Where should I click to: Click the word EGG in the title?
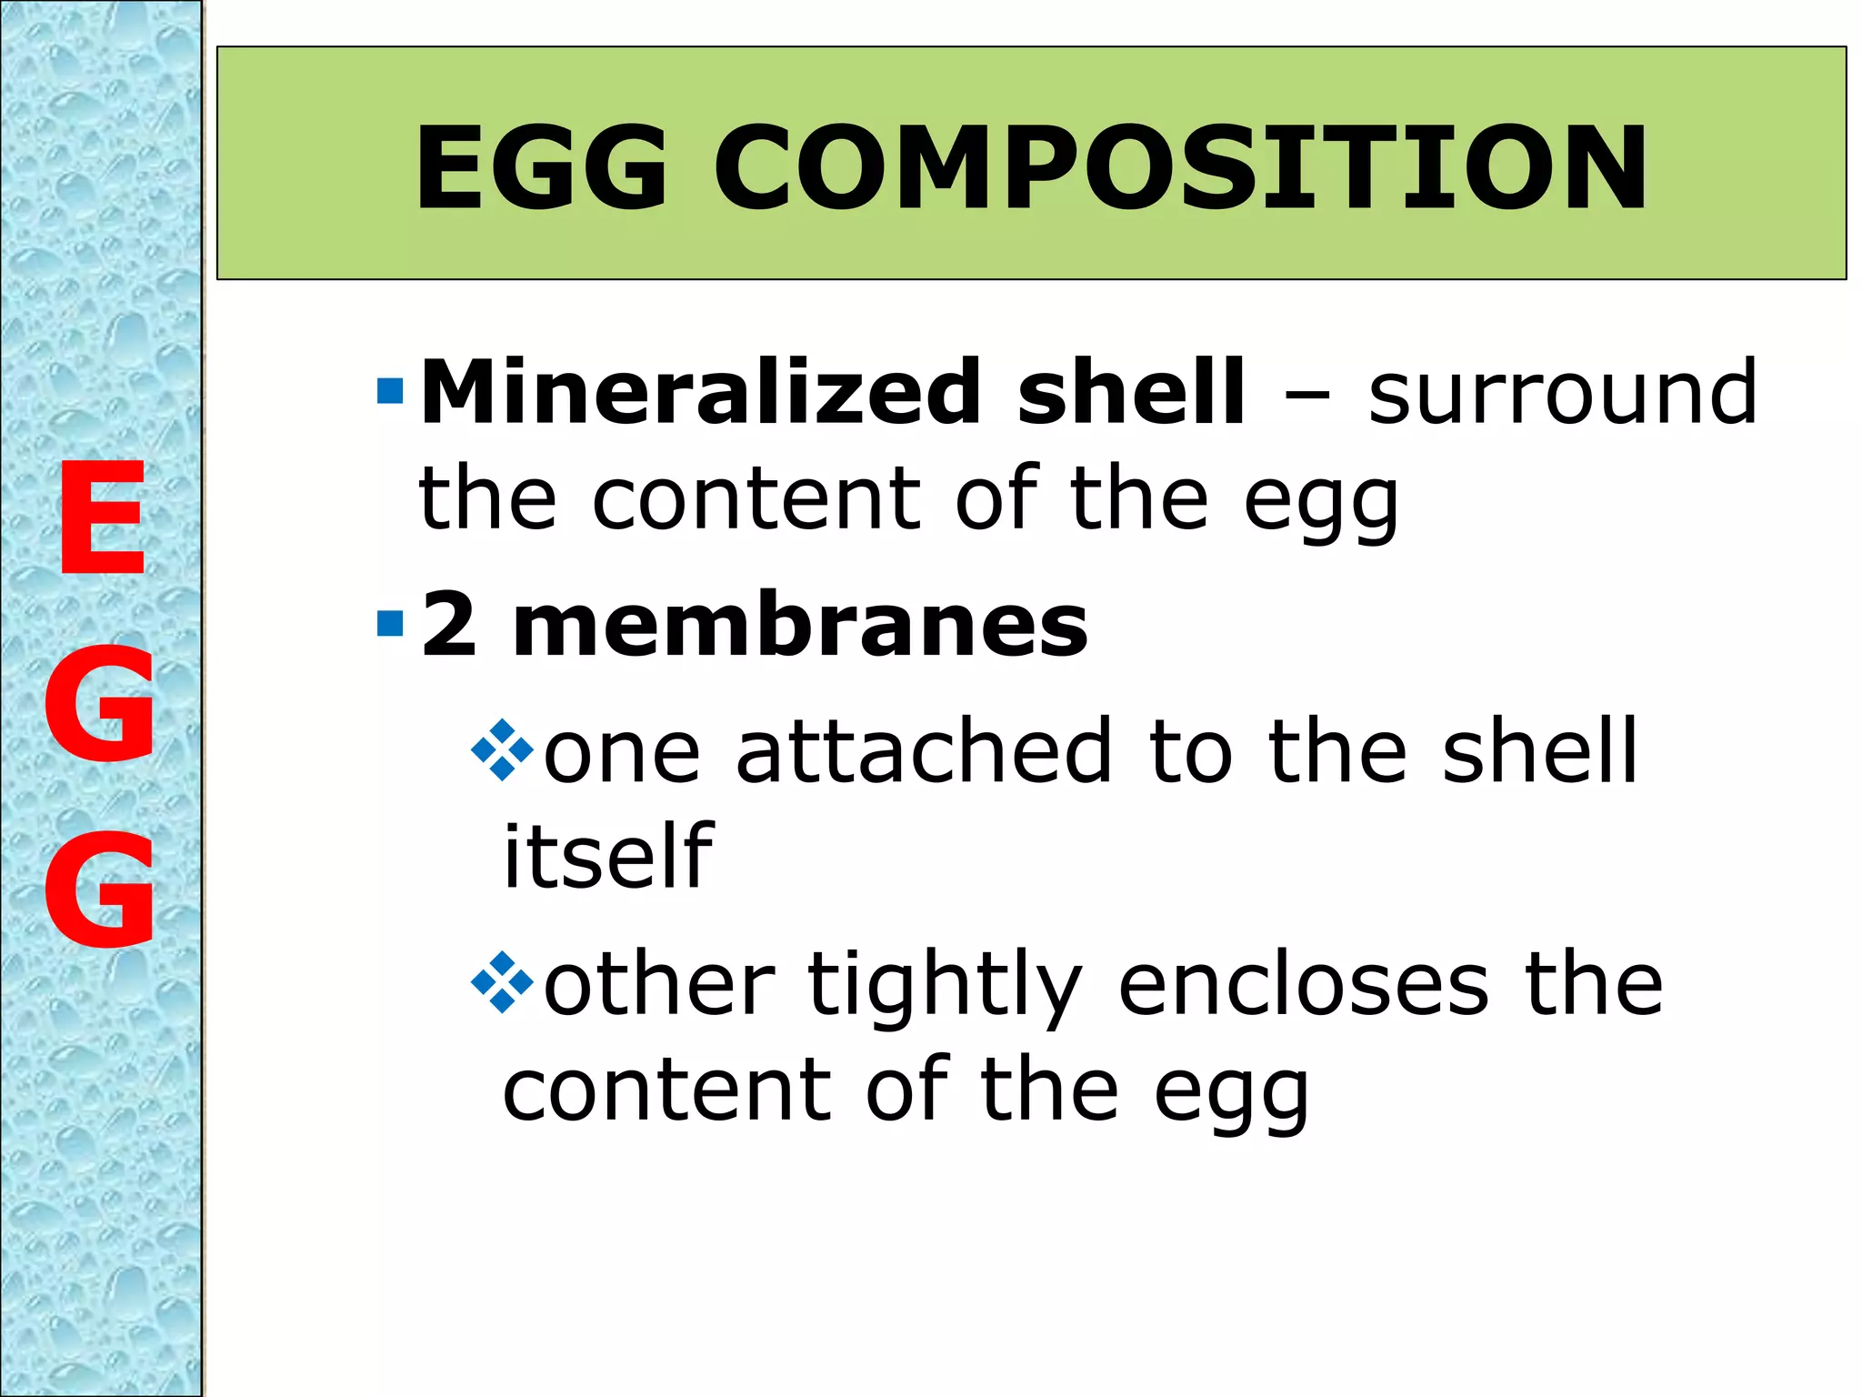[x=542, y=168]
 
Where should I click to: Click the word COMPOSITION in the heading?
[x=1180, y=168]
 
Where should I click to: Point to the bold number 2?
[x=449, y=625]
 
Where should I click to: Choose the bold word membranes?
[x=800, y=625]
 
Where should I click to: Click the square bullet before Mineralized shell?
[x=390, y=392]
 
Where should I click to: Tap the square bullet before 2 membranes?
[x=390, y=625]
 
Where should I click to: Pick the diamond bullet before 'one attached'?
[x=502, y=750]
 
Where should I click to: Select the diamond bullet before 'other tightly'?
[x=502, y=983]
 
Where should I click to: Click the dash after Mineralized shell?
[x=1306, y=397]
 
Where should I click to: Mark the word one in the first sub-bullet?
[x=622, y=752]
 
